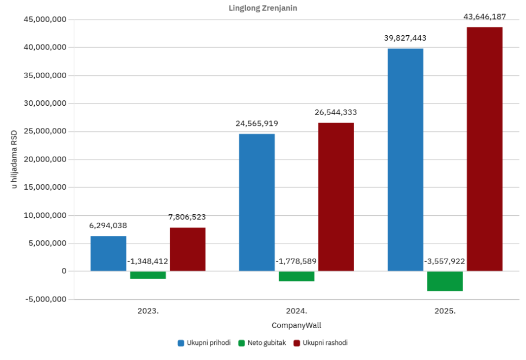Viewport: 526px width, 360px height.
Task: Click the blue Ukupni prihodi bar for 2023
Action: point(108,253)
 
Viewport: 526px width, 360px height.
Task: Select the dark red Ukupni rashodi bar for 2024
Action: point(336,197)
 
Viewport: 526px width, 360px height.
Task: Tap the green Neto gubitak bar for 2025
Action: point(445,281)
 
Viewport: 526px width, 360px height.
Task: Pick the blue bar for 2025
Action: point(405,160)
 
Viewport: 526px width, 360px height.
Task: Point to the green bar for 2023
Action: point(148,275)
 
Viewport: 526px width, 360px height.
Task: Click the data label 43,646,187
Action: point(485,16)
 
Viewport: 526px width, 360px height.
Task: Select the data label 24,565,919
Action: point(257,124)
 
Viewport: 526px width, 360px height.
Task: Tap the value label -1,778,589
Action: point(296,261)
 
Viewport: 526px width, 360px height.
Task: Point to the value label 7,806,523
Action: point(187,217)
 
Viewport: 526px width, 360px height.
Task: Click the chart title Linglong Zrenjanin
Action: point(263,8)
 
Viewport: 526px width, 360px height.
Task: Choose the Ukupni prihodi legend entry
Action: point(204,343)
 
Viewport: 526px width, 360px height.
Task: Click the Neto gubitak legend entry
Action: point(262,343)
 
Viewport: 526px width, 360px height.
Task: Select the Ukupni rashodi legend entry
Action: point(320,343)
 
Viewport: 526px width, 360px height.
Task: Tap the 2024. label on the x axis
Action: point(297,311)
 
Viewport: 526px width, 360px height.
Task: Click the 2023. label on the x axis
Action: point(148,311)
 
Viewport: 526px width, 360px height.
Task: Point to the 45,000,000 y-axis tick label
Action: point(45,20)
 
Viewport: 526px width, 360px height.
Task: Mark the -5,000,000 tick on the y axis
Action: point(46,299)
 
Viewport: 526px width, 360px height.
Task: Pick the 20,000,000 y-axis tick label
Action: point(45,159)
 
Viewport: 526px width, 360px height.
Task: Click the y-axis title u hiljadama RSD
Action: point(14,159)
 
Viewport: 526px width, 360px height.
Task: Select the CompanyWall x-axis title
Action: point(297,325)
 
